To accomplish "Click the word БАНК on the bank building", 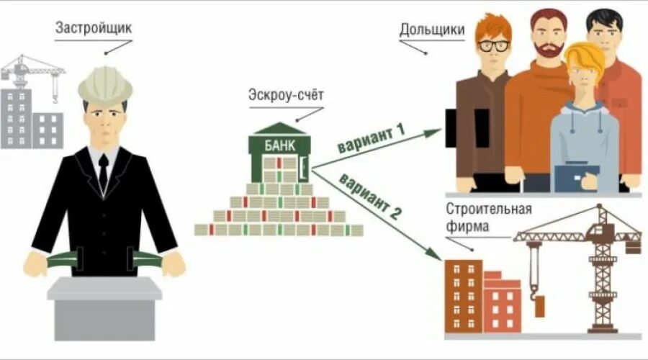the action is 279,144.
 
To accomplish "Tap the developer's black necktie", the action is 104,171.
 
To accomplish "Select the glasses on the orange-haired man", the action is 494,45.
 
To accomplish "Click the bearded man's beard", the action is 548,50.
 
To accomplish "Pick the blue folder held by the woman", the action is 576,177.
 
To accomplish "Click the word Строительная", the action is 489,210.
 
